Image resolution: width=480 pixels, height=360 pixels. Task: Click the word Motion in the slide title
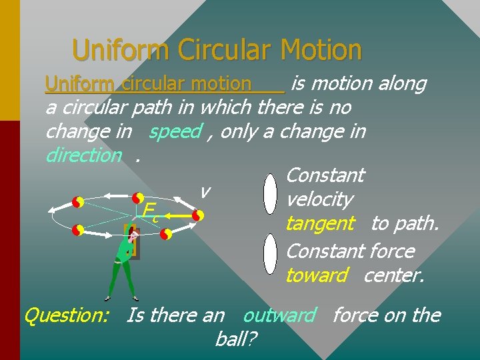click(321, 50)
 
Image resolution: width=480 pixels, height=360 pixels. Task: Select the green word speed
click(175, 131)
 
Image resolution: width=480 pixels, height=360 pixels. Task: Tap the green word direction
click(83, 155)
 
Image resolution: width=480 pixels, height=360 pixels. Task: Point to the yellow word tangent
click(320, 223)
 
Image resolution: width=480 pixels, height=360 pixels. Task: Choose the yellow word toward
click(316, 275)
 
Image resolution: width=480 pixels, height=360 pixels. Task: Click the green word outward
click(279, 315)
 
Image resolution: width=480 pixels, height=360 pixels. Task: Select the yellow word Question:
click(67, 315)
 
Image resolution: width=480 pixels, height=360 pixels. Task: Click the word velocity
click(319, 199)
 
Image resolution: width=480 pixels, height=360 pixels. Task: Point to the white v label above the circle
click(205, 191)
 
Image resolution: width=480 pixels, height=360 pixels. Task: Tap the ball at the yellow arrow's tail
click(197, 216)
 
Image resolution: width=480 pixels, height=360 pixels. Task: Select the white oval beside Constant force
click(270, 253)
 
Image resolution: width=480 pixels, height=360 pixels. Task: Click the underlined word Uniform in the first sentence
click(79, 83)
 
